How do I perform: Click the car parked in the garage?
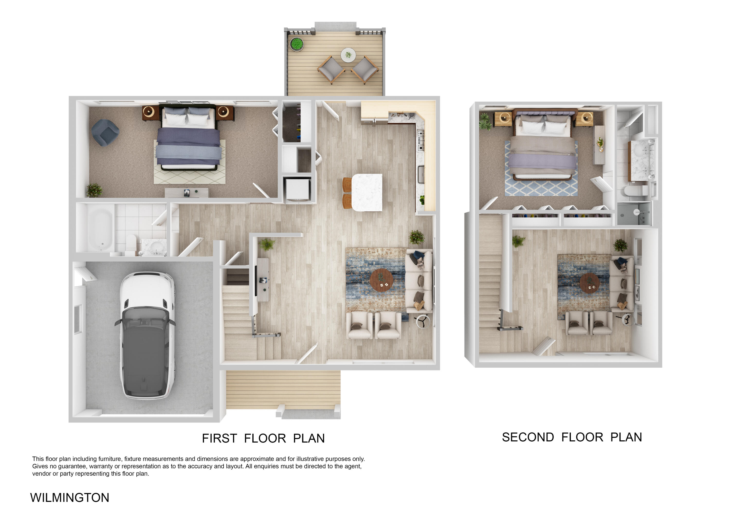pos(147,335)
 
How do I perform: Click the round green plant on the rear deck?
pos(297,44)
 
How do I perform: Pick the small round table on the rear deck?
pos(348,55)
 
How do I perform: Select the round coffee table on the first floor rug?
pos(381,280)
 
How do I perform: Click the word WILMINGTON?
pos(70,498)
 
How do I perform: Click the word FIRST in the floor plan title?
pos(219,438)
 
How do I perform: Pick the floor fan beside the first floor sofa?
pos(423,321)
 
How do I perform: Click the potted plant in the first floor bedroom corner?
pos(94,190)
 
